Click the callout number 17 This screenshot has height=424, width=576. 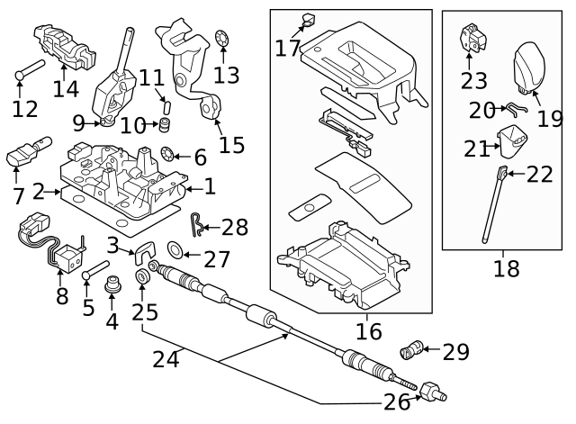(288, 47)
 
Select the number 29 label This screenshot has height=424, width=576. (456, 352)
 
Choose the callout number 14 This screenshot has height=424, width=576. (66, 88)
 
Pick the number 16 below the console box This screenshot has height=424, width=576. (368, 331)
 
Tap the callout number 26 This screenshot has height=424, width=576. (397, 402)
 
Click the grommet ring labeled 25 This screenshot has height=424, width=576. (142, 275)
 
